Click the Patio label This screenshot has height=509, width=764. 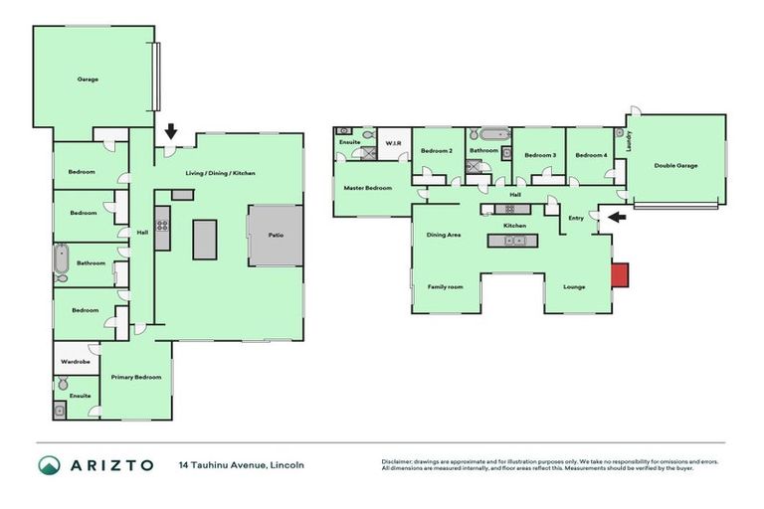275,236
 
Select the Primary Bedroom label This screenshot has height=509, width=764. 136,377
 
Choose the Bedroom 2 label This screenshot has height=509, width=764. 437,151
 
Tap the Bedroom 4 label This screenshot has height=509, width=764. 591,155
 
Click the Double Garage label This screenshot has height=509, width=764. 675,165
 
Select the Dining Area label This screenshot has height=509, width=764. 444,236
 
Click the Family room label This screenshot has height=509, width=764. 446,286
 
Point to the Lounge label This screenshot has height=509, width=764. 573,287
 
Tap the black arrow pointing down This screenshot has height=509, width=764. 171,130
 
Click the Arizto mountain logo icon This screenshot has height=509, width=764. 50,465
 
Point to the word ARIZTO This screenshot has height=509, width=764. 111,465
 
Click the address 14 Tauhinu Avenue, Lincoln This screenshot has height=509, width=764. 242,465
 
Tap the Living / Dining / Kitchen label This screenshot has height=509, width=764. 220,173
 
